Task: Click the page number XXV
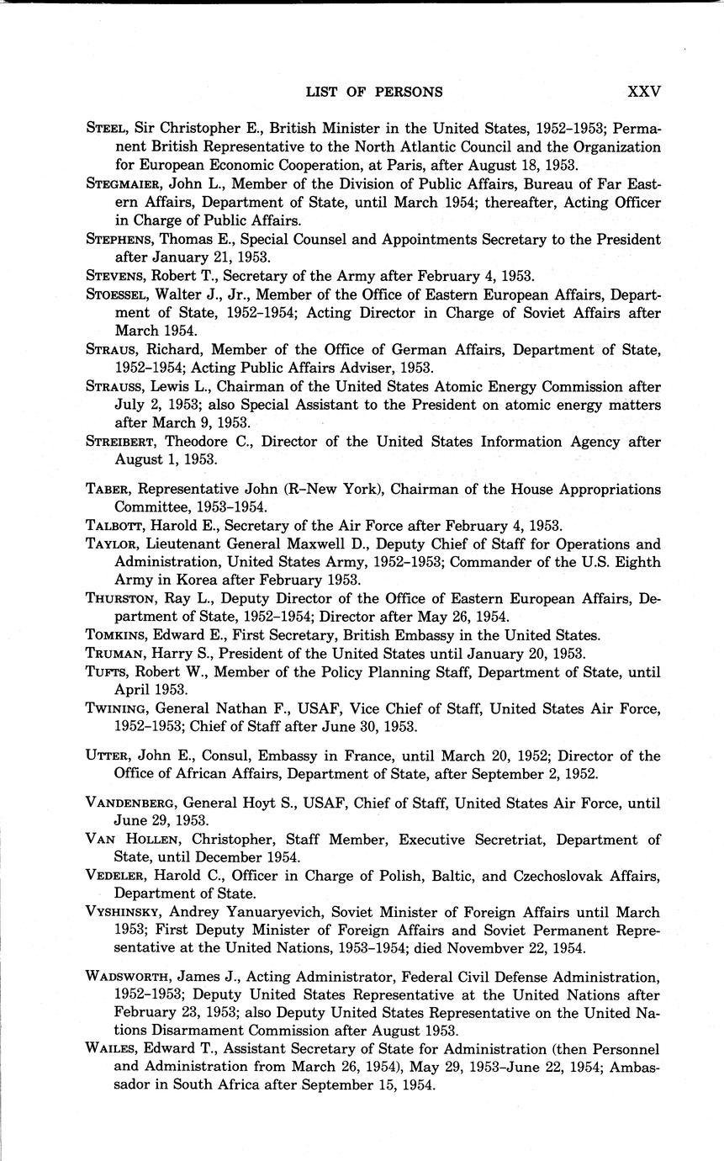coord(643,92)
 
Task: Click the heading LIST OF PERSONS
coord(374,92)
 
